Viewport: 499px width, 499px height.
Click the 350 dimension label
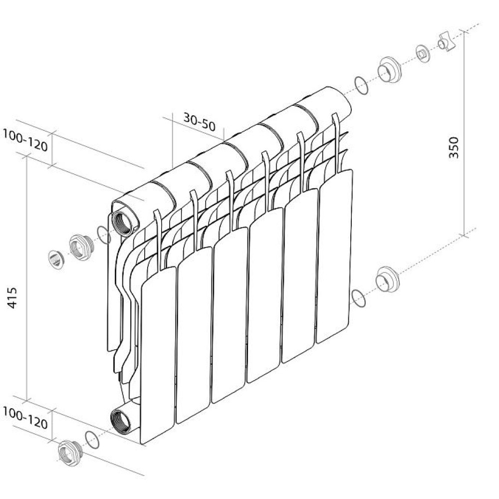click(454, 147)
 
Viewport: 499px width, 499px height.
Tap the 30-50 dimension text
click(200, 122)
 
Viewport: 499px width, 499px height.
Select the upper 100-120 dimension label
click(25, 140)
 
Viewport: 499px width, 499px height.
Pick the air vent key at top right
click(447, 41)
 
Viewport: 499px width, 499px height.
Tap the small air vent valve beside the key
click(423, 53)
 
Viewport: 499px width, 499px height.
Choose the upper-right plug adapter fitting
click(390, 70)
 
